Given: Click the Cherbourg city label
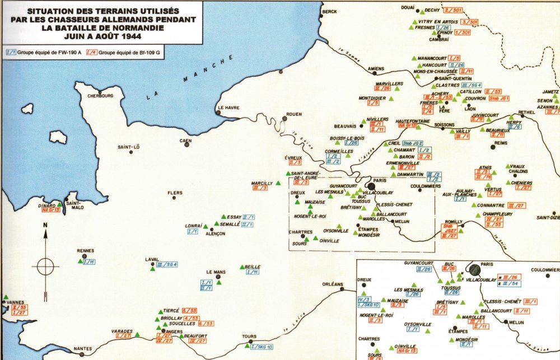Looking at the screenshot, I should [x=100, y=96].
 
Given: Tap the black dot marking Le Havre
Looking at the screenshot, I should [x=218, y=113].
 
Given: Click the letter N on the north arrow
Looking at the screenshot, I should [x=45, y=227].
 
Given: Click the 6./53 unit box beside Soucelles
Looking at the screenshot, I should [x=206, y=324].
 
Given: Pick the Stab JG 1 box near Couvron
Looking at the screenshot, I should [x=498, y=99].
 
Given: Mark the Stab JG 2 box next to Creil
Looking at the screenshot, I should [x=413, y=143].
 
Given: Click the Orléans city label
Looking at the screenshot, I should [x=332, y=284].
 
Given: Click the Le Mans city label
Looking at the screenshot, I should [x=216, y=273].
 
